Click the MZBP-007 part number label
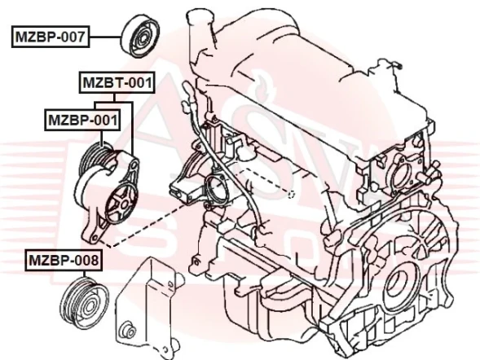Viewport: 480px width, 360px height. [x=50, y=37]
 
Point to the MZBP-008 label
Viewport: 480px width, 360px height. [x=64, y=260]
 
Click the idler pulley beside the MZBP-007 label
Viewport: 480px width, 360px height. [x=142, y=36]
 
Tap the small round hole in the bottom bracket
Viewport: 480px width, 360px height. [x=126, y=331]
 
